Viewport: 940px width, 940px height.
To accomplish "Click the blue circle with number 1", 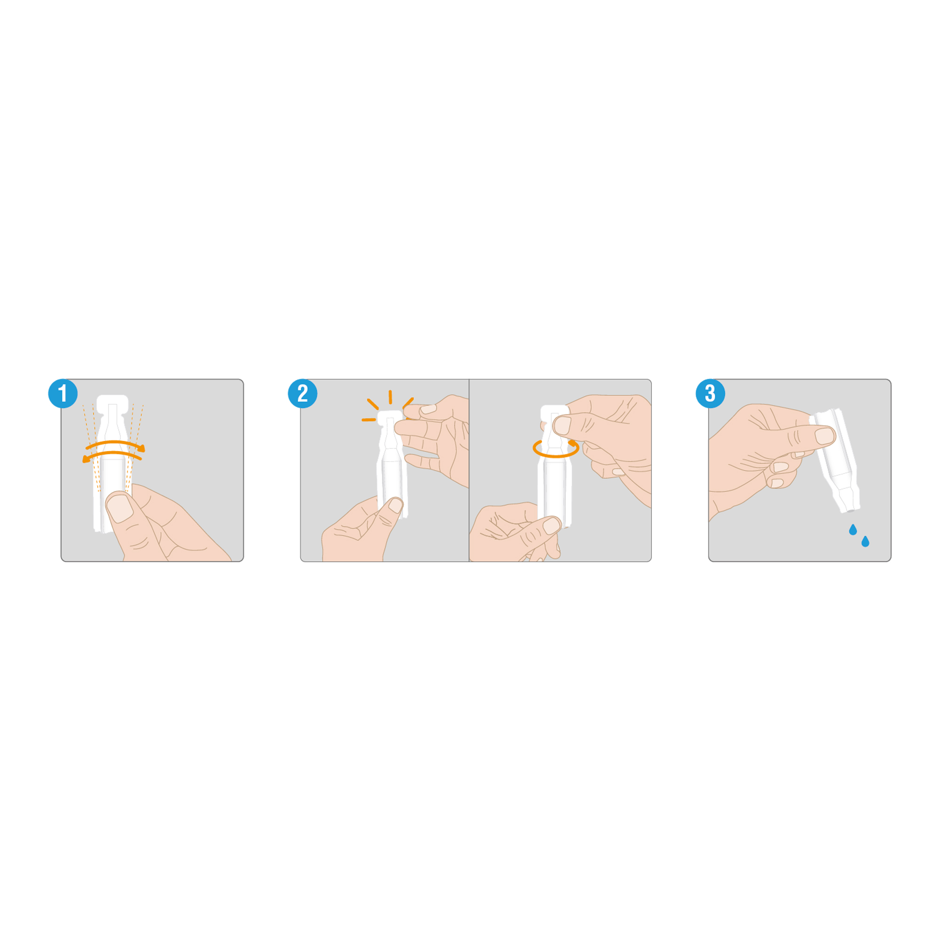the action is click(x=63, y=393).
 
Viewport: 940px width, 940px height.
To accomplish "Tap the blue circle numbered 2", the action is click(x=303, y=393).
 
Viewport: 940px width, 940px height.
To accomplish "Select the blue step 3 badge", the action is click(x=710, y=393).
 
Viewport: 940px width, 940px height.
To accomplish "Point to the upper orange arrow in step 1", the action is click(x=115, y=443).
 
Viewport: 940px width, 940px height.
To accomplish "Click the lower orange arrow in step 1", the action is click(x=112, y=454).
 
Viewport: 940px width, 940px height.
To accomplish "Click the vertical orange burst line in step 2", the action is click(x=390, y=397).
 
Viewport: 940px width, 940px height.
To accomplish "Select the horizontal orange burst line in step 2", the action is click(x=369, y=419).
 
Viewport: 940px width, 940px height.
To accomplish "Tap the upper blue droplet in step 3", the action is click(x=853, y=530).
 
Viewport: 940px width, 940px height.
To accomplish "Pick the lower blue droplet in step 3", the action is click(x=865, y=541).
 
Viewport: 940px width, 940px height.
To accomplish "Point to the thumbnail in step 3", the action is click(x=824, y=436).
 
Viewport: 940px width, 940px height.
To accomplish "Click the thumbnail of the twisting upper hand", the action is click(x=562, y=425).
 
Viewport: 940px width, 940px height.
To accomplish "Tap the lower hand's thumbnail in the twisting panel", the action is click(x=551, y=525).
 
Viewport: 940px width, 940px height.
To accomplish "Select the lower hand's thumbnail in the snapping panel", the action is click(x=396, y=506).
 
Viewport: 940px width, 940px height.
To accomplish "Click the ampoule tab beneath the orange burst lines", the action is click(x=390, y=418).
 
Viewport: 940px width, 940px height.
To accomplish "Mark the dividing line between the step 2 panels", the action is click(x=469, y=470).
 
